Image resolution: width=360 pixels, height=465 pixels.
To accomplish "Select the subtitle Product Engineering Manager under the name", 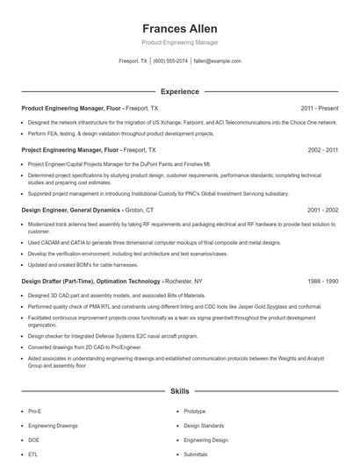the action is (x=179, y=42).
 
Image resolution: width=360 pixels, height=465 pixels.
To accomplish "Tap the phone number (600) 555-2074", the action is (x=170, y=61).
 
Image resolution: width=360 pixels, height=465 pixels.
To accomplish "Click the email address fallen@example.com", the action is (x=217, y=61).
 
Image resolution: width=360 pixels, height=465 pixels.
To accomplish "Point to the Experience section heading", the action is (x=179, y=91).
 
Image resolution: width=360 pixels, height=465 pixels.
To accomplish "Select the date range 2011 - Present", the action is (x=319, y=108).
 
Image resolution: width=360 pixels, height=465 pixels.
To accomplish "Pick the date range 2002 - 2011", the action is (x=322, y=150).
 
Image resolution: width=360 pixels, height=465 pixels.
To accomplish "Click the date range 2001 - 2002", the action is (x=322, y=211).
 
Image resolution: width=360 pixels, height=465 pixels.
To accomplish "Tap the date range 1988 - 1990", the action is (x=322, y=282).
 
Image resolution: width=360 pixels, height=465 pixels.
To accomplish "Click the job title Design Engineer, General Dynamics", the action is (x=70, y=211).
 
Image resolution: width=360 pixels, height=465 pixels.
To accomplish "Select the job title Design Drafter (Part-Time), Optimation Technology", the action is (x=91, y=282).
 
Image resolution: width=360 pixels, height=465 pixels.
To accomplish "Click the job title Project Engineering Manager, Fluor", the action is (x=71, y=150).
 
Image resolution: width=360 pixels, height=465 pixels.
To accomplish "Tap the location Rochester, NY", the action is (x=185, y=282).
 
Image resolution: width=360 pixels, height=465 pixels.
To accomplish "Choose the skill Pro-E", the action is (x=34, y=411).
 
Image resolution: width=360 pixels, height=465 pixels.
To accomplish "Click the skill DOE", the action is (x=33, y=440).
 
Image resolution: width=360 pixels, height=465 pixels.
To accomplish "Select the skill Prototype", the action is (x=195, y=411).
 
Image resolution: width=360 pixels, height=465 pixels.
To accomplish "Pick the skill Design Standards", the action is (x=203, y=426).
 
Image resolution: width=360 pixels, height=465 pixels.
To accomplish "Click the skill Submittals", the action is (x=196, y=454).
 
